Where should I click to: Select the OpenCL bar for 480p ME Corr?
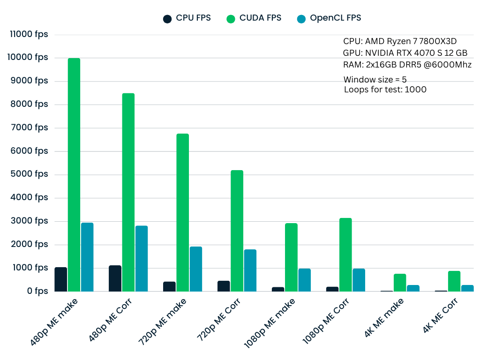pos(142,258)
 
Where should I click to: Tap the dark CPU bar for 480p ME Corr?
pos(115,278)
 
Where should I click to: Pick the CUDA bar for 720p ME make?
pos(183,212)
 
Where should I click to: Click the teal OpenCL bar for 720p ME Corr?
pos(250,270)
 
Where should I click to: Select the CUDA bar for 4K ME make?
pos(400,283)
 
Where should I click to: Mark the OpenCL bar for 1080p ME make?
pos(305,280)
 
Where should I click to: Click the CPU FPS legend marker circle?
pos(167,19)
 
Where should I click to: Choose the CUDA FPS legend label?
pos(260,18)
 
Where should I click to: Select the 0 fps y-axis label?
pos(37,291)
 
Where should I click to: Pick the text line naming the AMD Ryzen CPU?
pos(400,41)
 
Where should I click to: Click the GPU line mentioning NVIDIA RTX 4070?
pos(405,53)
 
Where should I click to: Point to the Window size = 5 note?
pos(375,79)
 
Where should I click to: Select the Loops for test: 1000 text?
pos(385,90)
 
